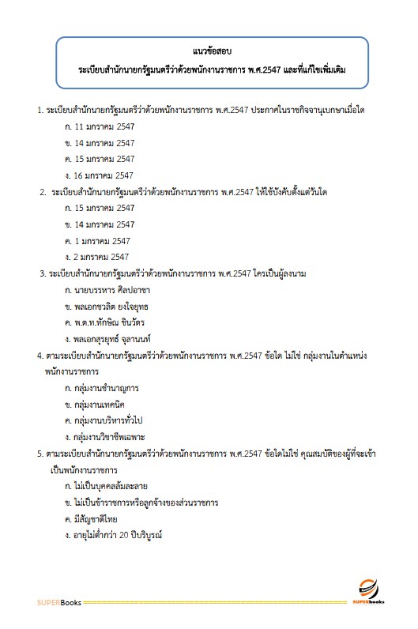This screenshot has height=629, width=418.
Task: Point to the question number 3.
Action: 42,273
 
